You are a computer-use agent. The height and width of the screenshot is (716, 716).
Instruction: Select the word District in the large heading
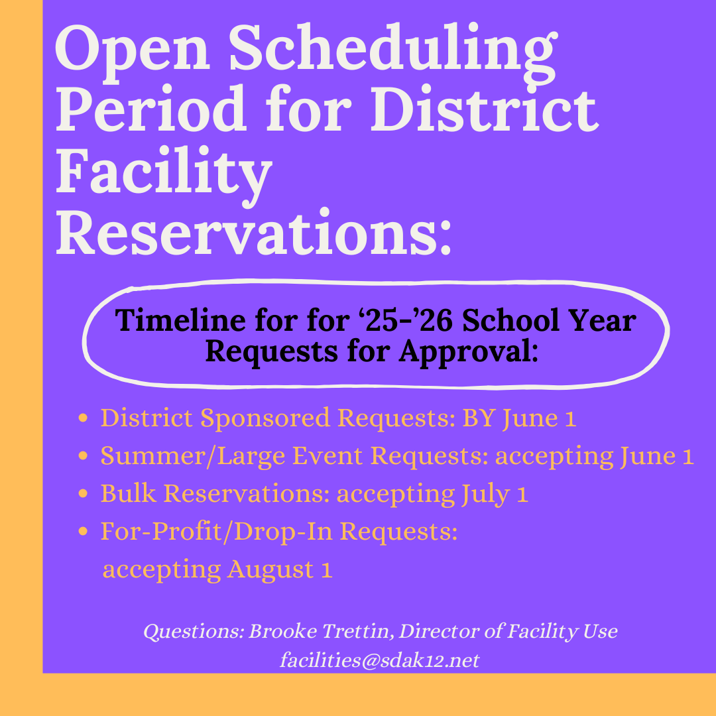[485, 109]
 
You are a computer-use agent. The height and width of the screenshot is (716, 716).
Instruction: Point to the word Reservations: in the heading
[253, 233]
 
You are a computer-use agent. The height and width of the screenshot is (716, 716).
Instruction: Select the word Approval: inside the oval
[469, 353]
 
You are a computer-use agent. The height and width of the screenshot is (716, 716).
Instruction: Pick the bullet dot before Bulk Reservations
[83, 494]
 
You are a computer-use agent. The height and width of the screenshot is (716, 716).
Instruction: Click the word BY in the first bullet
[479, 418]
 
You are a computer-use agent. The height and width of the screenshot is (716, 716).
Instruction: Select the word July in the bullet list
[486, 495]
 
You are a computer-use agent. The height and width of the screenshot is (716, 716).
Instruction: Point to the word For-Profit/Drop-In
[216, 532]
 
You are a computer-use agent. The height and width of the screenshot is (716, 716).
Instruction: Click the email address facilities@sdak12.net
[380, 660]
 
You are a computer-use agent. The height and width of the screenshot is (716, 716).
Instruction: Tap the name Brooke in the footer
[282, 632]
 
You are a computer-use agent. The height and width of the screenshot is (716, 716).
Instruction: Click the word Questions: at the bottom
[194, 632]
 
